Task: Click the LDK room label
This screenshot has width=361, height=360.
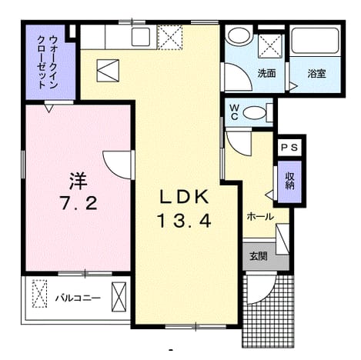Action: [184, 197]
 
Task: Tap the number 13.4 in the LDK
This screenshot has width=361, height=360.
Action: [185, 221]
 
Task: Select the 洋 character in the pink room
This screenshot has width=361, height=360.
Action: [79, 181]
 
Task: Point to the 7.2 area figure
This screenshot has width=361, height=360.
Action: [79, 202]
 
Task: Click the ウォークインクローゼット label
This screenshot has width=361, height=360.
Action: [47, 62]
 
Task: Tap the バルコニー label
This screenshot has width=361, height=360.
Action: [78, 298]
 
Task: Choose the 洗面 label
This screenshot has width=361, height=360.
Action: [266, 74]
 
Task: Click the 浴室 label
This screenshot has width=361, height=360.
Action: [317, 74]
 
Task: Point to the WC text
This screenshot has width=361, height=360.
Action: [234, 112]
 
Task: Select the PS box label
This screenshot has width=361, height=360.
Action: [289, 148]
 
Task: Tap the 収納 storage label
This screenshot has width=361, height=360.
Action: [290, 181]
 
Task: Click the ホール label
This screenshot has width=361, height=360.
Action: [260, 217]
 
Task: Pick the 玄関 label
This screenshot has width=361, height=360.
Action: [259, 256]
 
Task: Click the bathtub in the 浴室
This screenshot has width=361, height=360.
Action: [316, 41]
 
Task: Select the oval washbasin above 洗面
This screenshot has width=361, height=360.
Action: [239, 36]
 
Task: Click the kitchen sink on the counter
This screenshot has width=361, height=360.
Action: [141, 37]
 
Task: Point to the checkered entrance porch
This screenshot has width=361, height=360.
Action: [268, 312]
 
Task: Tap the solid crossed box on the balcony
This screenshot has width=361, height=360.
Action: [119, 297]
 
